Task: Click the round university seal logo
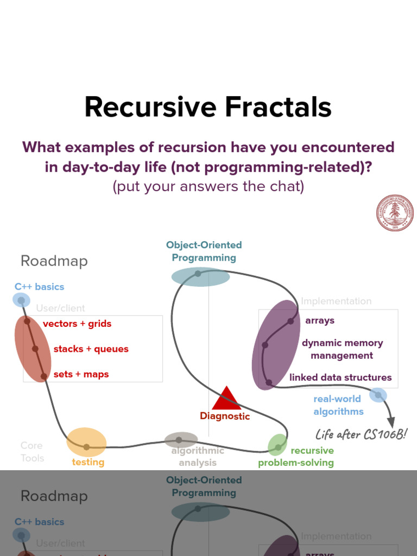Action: (395, 213)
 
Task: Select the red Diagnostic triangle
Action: (226, 399)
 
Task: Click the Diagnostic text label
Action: (225, 416)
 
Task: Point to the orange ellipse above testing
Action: (86, 442)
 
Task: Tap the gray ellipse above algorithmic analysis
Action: (180, 440)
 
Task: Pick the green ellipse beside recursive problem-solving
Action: (277, 445)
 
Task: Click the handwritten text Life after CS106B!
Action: (361, 434)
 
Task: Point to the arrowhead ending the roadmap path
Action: (390, 422)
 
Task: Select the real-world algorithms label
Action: (338, 405)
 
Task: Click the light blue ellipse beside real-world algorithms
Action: (378, 395)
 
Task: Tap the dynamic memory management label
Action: (342, 349)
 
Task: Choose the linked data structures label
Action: (340, 377)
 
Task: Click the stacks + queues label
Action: (91, 349)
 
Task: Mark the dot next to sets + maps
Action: (44, 375)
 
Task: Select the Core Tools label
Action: (32, 452)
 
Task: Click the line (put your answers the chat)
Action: (208, 186)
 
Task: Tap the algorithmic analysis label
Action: (198, 457)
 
